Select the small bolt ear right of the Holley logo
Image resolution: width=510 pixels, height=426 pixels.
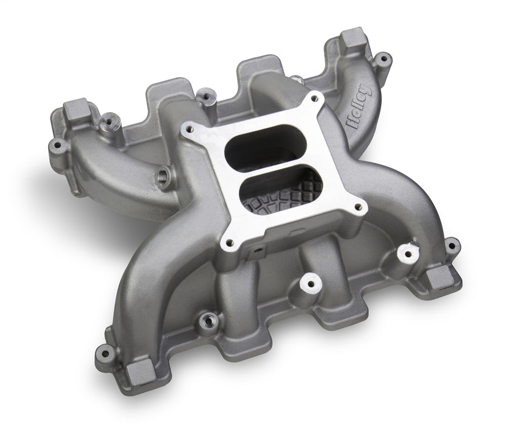[382, 59]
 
